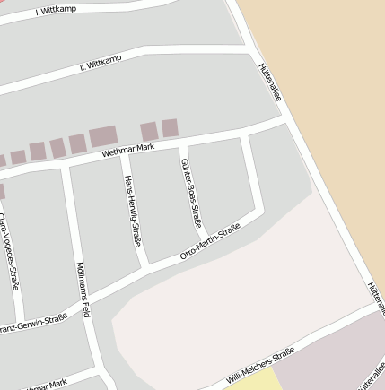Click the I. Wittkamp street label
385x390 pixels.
click(56, 10)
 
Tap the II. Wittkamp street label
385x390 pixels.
click(100, 62)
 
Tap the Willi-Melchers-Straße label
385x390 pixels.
click(260, 366)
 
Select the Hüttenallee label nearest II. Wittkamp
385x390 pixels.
click(269, 81)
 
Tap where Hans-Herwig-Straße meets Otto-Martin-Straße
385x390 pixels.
click(144, 266)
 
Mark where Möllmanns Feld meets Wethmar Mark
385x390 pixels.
click(66, 168)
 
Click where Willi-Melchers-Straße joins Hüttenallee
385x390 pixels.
click(376, 304)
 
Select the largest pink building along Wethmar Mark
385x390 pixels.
click(102, 137)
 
